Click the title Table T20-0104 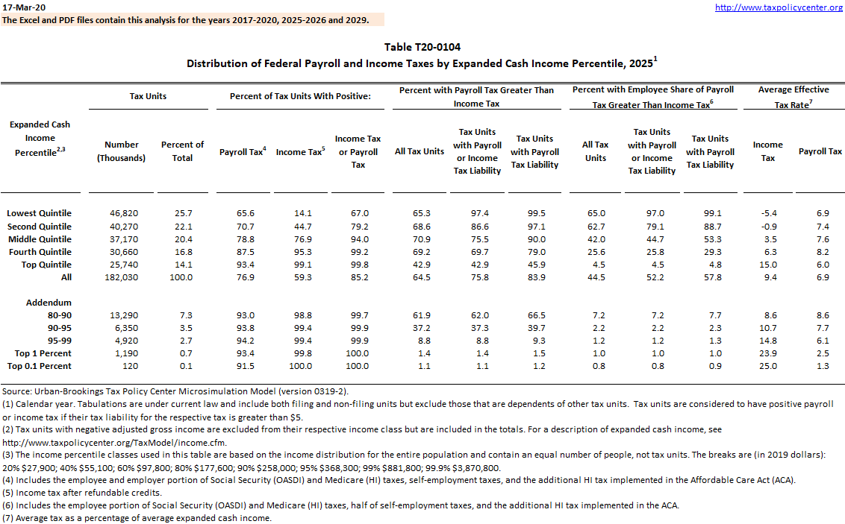click(422, 48)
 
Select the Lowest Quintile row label click(39, 213)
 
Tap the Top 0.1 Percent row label click(40, 366)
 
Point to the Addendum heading click(49, 303)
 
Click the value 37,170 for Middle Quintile click(122, 239)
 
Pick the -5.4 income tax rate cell click(767, 213)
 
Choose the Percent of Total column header click(182, 151)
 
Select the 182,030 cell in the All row click(122, 277)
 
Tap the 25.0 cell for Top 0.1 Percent click(767, 366)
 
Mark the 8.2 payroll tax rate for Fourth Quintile click(820, 252)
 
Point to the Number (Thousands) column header click(122, 151)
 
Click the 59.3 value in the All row click(300, 277)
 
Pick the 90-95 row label click(59, 328)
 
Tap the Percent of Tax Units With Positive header click(300, 96)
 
